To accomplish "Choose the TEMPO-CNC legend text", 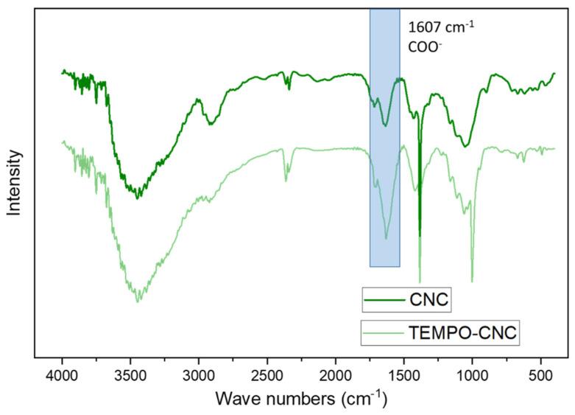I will tap(462, 334).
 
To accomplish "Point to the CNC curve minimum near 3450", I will tap(137, 198).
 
